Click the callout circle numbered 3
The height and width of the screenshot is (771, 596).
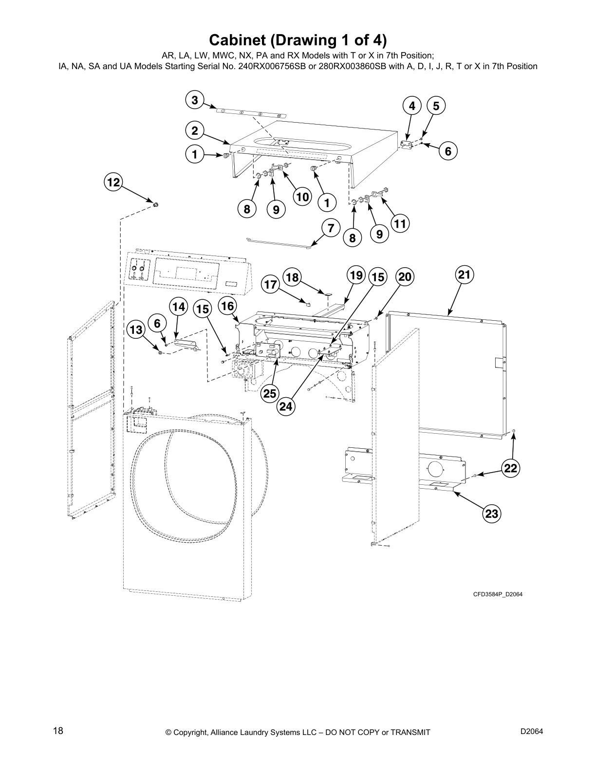(x=195, y=100)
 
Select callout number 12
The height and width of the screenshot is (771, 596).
(x=113, y=183)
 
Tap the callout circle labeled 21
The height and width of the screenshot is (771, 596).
(x=465, y=275)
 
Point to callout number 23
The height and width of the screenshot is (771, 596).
(x=492, y=514)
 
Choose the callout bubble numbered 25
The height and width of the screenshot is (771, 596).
(x=269, y=393)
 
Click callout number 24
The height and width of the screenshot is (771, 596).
(x=286, y=406)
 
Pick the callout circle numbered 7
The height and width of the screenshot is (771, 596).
(x=331, y=227)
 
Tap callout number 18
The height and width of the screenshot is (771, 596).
(x=292, y=277)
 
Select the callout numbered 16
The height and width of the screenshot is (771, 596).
(x=227, y=306)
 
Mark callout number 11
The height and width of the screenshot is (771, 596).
(x=400, y=224)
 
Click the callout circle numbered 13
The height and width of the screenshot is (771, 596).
(x=136, y=330)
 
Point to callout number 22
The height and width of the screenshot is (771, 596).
(x=510, y=468)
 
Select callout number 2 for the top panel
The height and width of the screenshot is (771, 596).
(x=195, y=130)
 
